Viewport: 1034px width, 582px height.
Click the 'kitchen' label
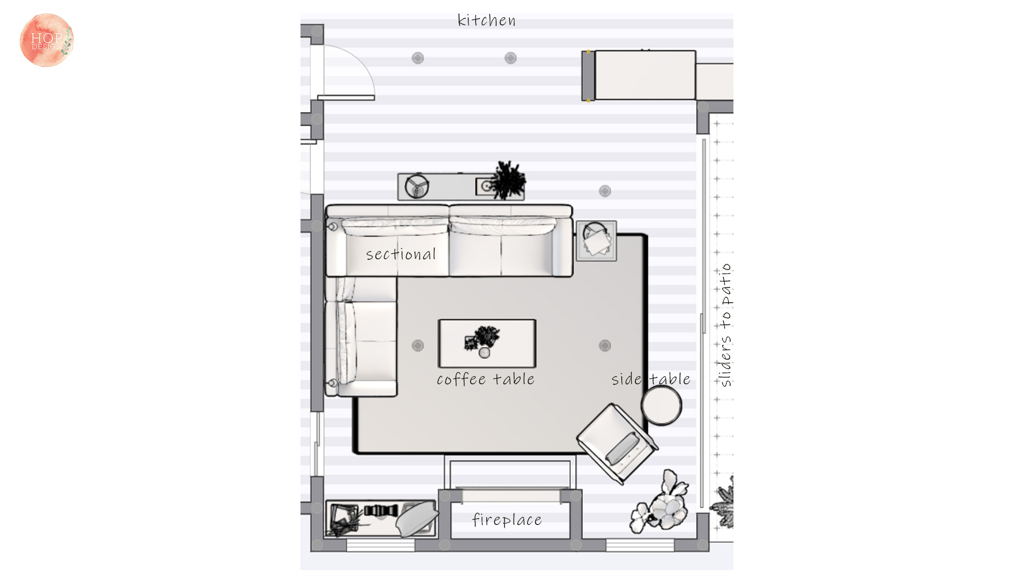click(x=486, y=20)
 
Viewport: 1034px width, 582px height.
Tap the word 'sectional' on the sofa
click(x=401, y=254)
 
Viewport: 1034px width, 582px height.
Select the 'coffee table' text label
click(x=485, y=379)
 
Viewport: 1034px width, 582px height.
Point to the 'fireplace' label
click(x=507, y=519)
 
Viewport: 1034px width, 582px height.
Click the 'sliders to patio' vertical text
click(x=726, y=325)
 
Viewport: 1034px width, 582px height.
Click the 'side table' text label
click(x=651, y=379)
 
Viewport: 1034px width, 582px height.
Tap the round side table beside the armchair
click(x=662, y=405)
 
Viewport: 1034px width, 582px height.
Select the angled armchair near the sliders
click(x=617, y=444)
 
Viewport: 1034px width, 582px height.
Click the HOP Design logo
click(x=46, y=40)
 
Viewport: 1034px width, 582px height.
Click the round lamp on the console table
click(x=417, y=186)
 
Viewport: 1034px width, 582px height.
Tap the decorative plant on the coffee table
click(x=483, y=339)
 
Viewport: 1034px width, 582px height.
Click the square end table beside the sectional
click(x=596, y=240)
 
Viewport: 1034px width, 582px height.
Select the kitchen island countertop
click(x=645, y=75)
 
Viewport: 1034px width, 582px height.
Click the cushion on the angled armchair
click(x=623, y=448)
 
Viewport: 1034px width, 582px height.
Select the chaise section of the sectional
click(x=361, y=337)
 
